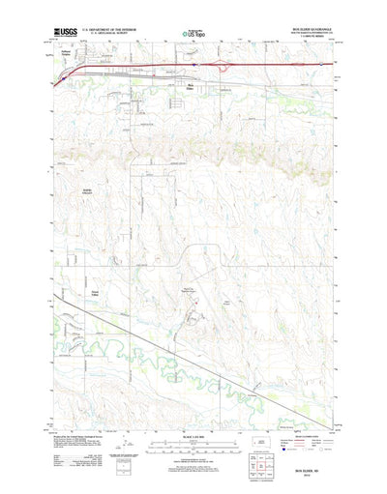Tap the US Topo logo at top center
194,35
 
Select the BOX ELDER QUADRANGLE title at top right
308,30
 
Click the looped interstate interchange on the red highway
225,66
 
